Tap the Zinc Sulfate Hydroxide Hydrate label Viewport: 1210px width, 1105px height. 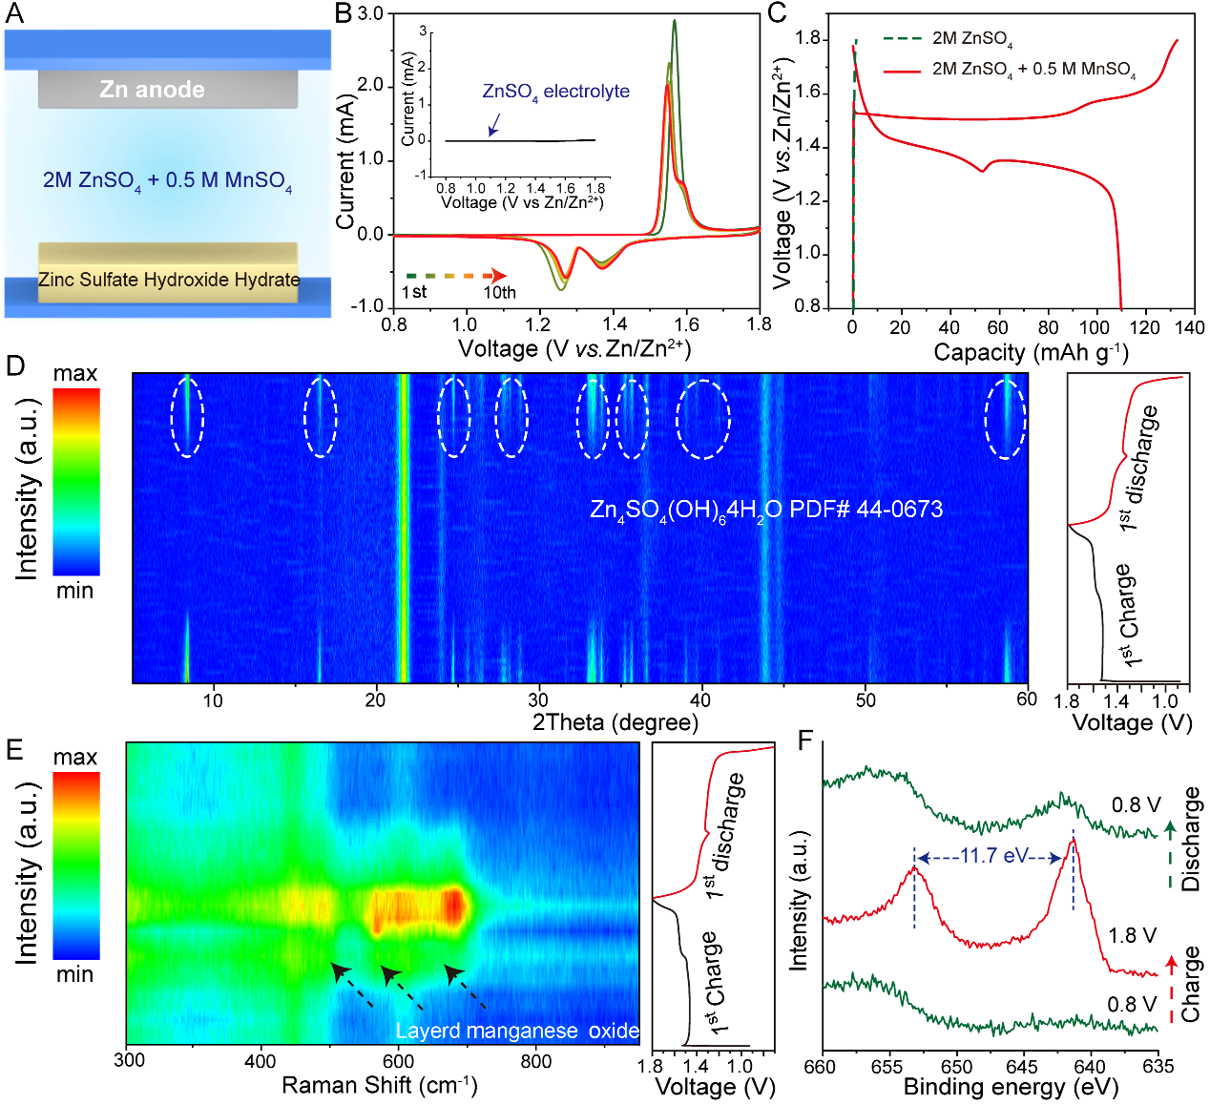click(169, 280)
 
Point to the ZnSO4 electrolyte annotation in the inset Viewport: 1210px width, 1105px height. click(555, 92)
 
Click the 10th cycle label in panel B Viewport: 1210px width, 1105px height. click(499, 293)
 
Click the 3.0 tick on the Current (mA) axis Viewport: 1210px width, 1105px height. click(370, 14)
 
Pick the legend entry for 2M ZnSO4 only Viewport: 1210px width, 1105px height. click(971, 39)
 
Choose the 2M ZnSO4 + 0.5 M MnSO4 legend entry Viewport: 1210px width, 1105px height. click(1033, 70)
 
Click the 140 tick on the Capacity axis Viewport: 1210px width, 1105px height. click(1190, 327)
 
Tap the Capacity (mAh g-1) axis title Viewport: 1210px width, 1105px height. click(1031, 352)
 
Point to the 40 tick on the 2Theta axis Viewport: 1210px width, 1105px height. click(700, 699)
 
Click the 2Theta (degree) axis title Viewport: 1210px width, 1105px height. click(615, 722)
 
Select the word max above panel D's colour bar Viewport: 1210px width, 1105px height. click(75, 373)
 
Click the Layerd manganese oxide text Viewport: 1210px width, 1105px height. click(517, 1031)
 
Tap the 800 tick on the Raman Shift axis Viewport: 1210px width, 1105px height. click(536, 1060)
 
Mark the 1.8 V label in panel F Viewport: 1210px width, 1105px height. click(1133, 935)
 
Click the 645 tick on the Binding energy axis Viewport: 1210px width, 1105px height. click(1022, 1067)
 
